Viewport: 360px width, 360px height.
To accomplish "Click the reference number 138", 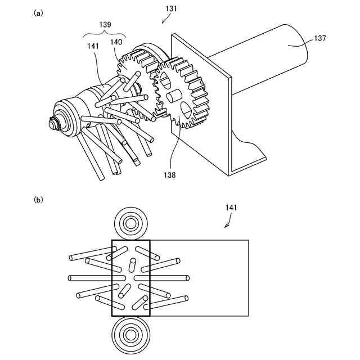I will click(x=170, y=175).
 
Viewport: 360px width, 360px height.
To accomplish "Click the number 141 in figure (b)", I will click(x=232, y=208).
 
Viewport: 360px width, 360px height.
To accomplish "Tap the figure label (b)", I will click(x=39, y=199).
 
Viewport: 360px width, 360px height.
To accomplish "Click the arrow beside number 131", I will click(x=165, y=20).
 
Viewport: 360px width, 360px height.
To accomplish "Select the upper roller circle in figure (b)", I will click(x=131, y=223).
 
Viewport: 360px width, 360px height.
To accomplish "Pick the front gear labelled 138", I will click(x=183, y=93).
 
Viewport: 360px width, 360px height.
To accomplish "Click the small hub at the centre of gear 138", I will click(x=173, y=97).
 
